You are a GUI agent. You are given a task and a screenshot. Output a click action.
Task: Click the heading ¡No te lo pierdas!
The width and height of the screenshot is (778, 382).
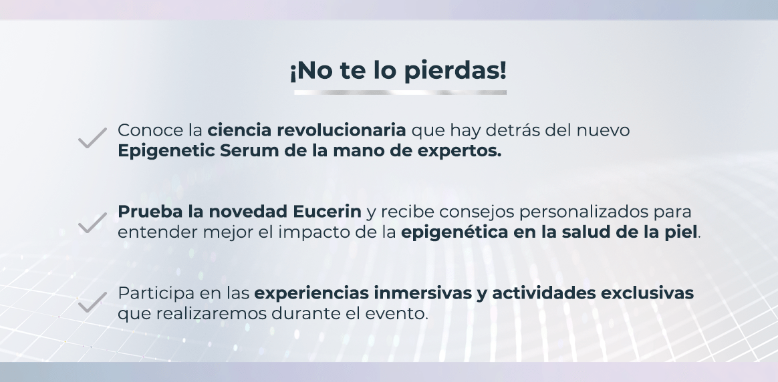coord(398,71)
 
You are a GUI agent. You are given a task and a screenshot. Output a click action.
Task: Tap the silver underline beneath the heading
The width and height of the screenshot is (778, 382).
coord(400,92)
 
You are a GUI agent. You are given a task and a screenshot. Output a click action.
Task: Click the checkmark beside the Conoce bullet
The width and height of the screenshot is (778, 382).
coord(92,138)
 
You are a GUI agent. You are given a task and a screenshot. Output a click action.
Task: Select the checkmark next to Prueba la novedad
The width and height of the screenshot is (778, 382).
coord(92,222)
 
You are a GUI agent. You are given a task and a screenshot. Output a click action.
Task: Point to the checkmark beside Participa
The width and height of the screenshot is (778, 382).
coord(92,302)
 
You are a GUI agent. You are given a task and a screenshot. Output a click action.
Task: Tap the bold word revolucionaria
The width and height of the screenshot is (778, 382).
coord(342,130)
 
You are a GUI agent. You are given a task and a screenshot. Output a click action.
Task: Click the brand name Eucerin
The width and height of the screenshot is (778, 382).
coord(327,212)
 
